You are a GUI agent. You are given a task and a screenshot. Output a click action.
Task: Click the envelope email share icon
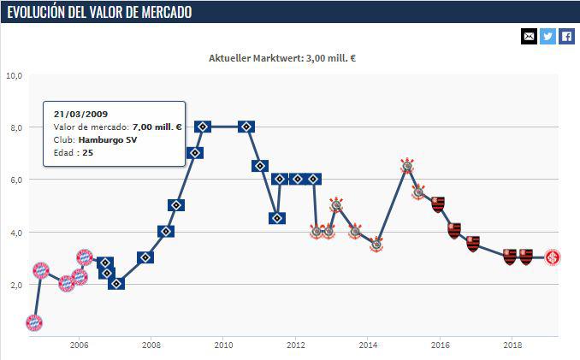pos(529,36)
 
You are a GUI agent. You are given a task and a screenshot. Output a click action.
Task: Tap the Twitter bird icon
pos(547,36)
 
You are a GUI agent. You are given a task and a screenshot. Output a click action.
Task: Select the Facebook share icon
pos(566,36)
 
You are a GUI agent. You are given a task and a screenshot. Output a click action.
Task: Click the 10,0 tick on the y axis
pos(14,75)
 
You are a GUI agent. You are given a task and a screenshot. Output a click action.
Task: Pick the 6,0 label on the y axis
pos(14,180)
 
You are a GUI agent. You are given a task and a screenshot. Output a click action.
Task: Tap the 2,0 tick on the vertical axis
pos(14,285)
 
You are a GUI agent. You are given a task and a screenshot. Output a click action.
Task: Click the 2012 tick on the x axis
pos(295,345)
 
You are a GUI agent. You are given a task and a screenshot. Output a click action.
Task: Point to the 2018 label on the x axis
pos(512,345)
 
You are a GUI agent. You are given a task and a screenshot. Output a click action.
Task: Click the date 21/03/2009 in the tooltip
pos(80,113)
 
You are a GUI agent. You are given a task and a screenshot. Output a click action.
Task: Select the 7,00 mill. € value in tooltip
pos(157,127)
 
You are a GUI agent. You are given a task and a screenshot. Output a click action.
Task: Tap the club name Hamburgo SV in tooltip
pos(109,139)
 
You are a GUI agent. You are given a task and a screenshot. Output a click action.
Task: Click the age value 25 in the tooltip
pos(88,152)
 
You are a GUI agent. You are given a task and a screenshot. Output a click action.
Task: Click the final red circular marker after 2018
pos(553,257)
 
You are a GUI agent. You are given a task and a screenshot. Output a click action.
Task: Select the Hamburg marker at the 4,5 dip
pos(276,218)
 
